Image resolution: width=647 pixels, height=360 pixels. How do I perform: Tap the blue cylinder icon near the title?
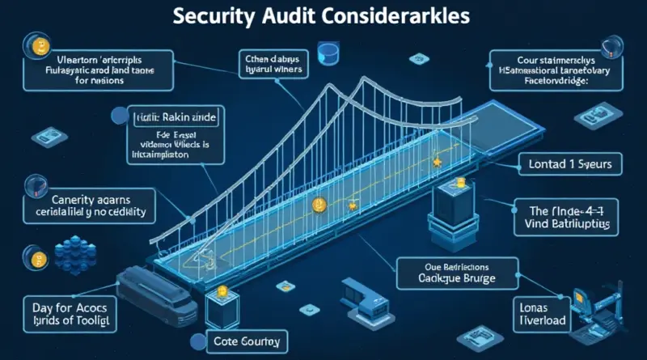(328, 53)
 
